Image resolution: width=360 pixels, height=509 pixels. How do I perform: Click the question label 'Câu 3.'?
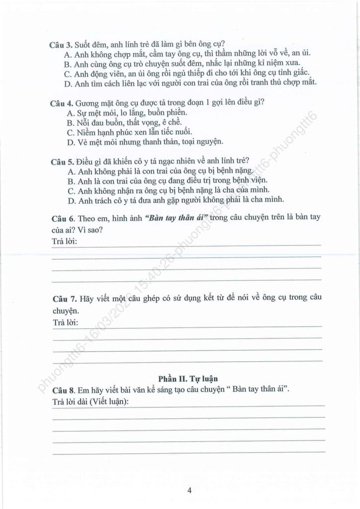[x=61, y=44]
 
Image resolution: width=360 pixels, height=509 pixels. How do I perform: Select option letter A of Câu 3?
[x=68, y=54]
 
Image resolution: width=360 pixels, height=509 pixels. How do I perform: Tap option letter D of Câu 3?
[x=68, y=83]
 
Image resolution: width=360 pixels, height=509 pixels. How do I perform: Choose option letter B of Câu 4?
[x=69, y=122]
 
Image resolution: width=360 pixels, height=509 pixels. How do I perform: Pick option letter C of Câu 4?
[x=69, y=132]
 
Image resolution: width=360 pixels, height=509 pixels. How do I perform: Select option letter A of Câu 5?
[x=69, y=171]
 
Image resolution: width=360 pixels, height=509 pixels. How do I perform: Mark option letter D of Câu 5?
[x=69, y=200]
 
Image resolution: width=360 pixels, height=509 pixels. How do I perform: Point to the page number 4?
[x=189, y=491]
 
